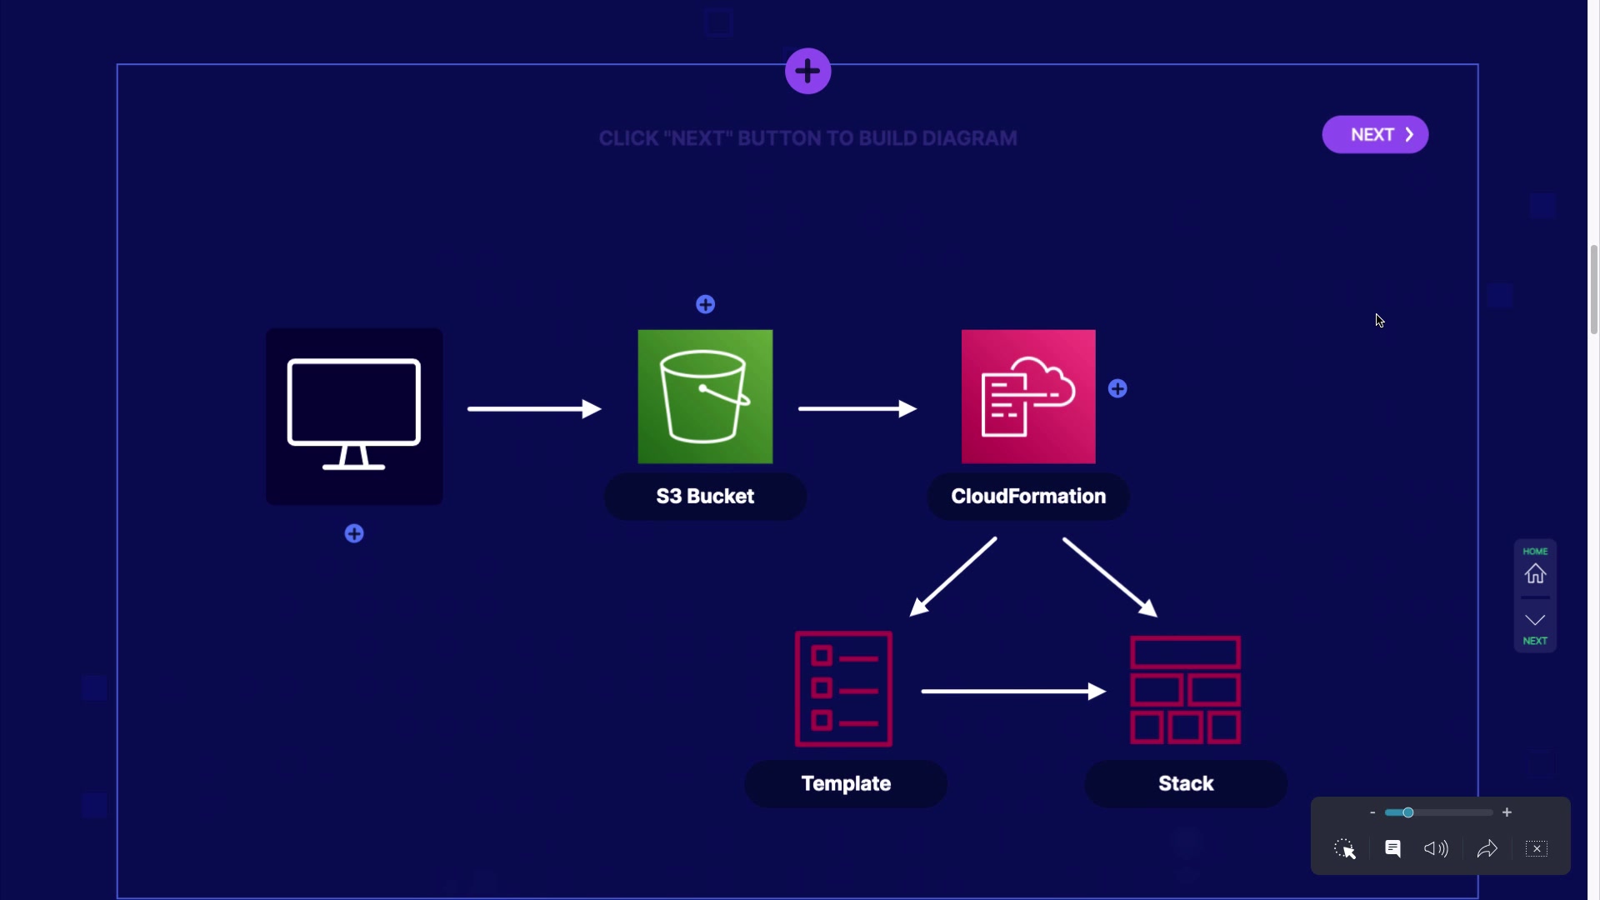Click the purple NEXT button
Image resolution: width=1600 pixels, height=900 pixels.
coord(1375,135)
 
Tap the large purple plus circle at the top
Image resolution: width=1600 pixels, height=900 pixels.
coord(807,72)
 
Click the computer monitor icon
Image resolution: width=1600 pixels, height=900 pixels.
coord(354,416)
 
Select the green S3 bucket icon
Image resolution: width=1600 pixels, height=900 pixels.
coord(705,397)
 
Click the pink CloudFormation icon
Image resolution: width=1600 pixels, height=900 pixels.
coord(1028,397)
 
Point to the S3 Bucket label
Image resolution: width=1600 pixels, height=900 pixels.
coord(705,497)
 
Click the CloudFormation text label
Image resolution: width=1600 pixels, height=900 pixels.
coord(1028,497)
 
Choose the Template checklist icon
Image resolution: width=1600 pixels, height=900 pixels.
coord(843,689)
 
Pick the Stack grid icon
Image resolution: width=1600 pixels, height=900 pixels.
coord(1185,690)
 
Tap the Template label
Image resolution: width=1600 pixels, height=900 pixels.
coord(846,784)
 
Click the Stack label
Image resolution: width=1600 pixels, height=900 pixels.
coord(1186,784)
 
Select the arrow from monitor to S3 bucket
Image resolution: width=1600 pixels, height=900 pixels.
coord(534,408)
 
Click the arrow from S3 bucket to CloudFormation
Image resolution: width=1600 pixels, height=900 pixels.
coord(857,408)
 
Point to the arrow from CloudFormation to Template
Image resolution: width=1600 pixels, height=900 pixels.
coord(954,577)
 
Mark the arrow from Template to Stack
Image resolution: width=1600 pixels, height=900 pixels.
coord(1013,691)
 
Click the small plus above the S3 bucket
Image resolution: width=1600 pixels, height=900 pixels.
coord(705,305)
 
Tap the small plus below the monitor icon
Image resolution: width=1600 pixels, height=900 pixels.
coord(354,534)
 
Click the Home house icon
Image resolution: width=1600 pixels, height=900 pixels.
coord(1535,573)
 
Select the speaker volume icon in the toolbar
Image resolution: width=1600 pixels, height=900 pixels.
coord(1436,849)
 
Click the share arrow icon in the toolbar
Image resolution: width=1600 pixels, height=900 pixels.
coord(1487,849)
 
